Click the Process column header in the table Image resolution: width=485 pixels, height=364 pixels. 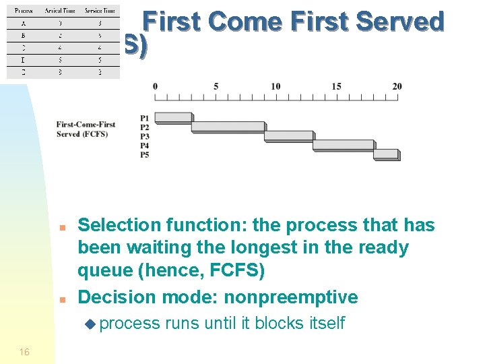24,11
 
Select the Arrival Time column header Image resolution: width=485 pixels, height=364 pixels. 60,11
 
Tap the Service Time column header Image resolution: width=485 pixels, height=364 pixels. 98,11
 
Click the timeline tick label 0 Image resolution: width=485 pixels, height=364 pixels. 155,86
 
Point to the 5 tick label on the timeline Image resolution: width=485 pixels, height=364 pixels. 216,86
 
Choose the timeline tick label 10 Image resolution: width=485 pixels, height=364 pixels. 276,86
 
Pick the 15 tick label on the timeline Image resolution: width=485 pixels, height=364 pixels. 336,86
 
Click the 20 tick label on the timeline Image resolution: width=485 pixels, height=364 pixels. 397,86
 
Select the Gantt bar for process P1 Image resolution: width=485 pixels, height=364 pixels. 173,117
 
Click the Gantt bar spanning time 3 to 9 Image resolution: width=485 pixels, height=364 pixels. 228,126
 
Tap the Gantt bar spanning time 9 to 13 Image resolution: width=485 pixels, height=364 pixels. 288,135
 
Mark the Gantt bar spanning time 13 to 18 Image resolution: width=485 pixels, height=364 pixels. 343,145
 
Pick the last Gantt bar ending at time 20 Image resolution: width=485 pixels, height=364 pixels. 385,154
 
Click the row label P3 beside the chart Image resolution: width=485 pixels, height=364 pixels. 145,136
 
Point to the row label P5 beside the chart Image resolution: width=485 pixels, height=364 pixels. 145,155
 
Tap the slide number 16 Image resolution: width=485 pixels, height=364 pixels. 24,352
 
